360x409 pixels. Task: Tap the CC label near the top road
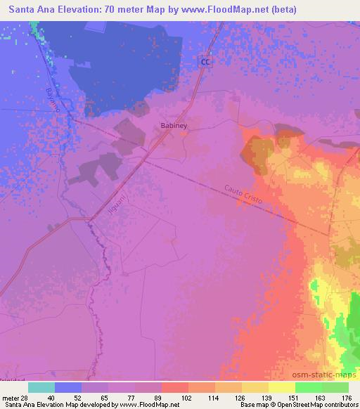pyautogui.click(x=205, y=63)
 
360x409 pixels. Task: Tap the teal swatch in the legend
pyautogui.click(x=41, y=387)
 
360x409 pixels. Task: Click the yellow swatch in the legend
pyautogui.click(x=281, y=387)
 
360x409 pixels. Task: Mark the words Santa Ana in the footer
pyautogui.click(x=18, y=404)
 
